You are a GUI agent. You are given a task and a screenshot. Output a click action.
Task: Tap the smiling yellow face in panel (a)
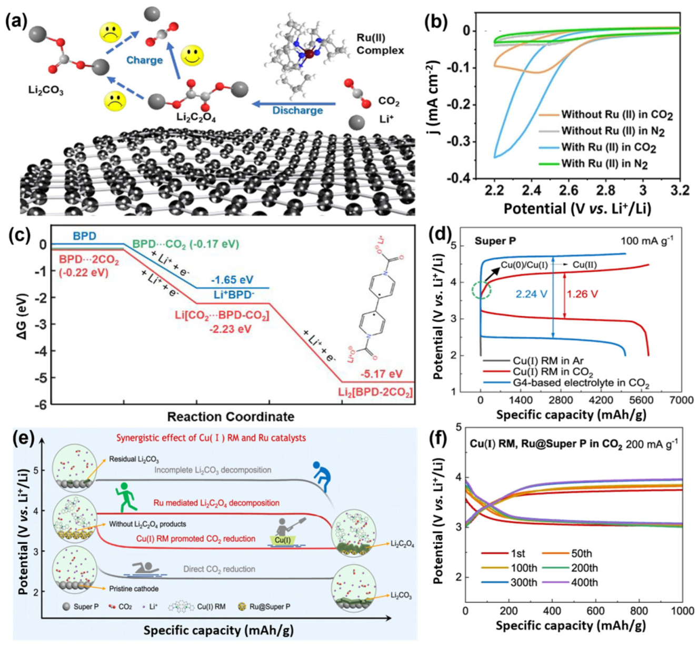pyautogui.click(x=192, y=55)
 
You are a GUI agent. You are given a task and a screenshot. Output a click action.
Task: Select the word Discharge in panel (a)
pyautogui.click(x=297, y=110)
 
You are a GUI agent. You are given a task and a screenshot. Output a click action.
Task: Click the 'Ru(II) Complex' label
pyautogui.click(x=380, y=44)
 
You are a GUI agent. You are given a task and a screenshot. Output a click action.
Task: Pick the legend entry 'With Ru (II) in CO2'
pyautogui.click(x=608, y=147)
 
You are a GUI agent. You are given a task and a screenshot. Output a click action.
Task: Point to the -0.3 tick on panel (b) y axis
pyautogui.click(x=457, y=141)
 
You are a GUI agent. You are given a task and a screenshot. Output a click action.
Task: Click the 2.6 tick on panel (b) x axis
pyautogui.click(x=569, y=190)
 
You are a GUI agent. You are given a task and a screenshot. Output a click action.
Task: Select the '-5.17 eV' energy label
pyautogui.click(x=381, y=374)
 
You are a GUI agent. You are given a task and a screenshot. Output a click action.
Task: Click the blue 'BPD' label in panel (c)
pyautogui.click(x=85, y=236)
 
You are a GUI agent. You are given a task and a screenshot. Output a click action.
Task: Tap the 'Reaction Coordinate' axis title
pyautogui.click(x=231, y=417)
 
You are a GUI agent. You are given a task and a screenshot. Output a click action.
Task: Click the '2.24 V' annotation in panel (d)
pyautogui.click(x=531, y=294)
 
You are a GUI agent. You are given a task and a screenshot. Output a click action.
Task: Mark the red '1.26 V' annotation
pyautogui.click(x=582, y=294)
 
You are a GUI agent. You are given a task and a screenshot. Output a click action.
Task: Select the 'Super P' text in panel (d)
pyautogui.click(x=495, y=241)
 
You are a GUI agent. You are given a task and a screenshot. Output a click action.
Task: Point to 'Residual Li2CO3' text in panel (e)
pyautogui.click(x=134, y=459)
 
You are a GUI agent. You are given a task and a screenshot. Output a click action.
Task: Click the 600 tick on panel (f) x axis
pyautogui.click(x=595, y=611)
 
